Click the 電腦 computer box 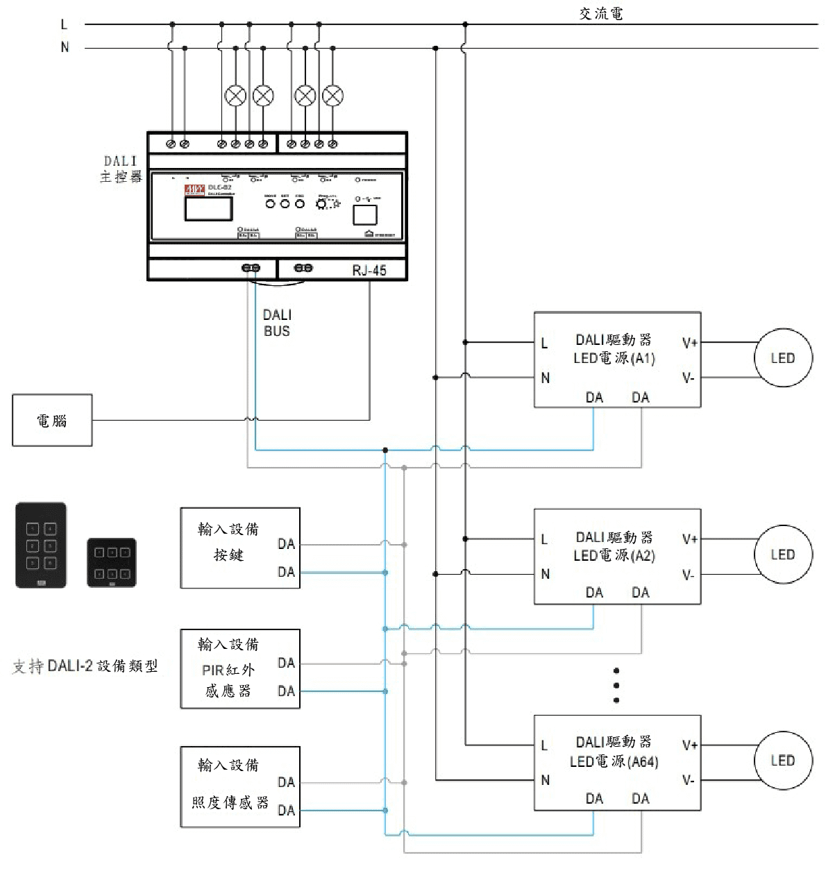52,421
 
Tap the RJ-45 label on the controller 369,270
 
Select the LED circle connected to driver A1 782,358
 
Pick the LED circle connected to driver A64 782,761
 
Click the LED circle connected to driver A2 782,555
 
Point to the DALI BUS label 276,323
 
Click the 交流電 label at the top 600,13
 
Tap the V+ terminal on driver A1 689,343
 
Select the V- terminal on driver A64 688,780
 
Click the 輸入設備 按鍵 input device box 239,548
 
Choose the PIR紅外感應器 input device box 239,669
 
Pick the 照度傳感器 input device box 239,787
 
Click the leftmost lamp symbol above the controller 236,96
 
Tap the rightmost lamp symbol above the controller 333,96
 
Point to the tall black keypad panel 41,546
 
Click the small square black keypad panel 112,563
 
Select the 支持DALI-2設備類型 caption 85,666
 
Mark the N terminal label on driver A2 546,574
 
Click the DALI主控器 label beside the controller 121,169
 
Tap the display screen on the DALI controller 208,209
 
